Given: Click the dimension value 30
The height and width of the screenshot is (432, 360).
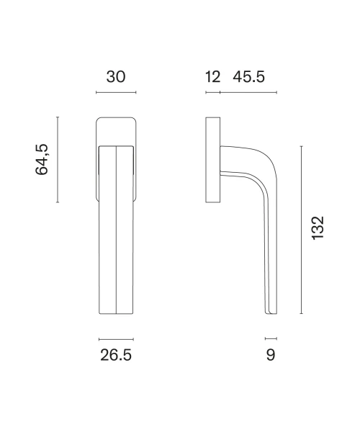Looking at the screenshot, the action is tap(116, 77).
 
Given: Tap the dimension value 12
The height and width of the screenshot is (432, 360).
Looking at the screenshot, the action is tap(212, 77).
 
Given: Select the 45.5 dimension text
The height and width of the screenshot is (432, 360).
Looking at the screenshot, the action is tap(248, 77).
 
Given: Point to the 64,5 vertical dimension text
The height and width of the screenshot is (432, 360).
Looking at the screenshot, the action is tap(42, 160).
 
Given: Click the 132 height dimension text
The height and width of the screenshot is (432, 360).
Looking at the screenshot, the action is tap(318, 228).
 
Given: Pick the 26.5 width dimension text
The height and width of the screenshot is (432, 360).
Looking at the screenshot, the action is tap(116, 355).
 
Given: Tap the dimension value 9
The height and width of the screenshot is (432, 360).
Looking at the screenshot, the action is tap(271, 355).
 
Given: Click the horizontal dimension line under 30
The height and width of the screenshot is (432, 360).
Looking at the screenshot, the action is tap(116, 92).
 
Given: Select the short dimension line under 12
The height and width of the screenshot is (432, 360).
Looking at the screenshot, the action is tap(213, 92).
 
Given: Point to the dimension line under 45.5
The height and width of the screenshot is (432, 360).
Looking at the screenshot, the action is tap(248, 92).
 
